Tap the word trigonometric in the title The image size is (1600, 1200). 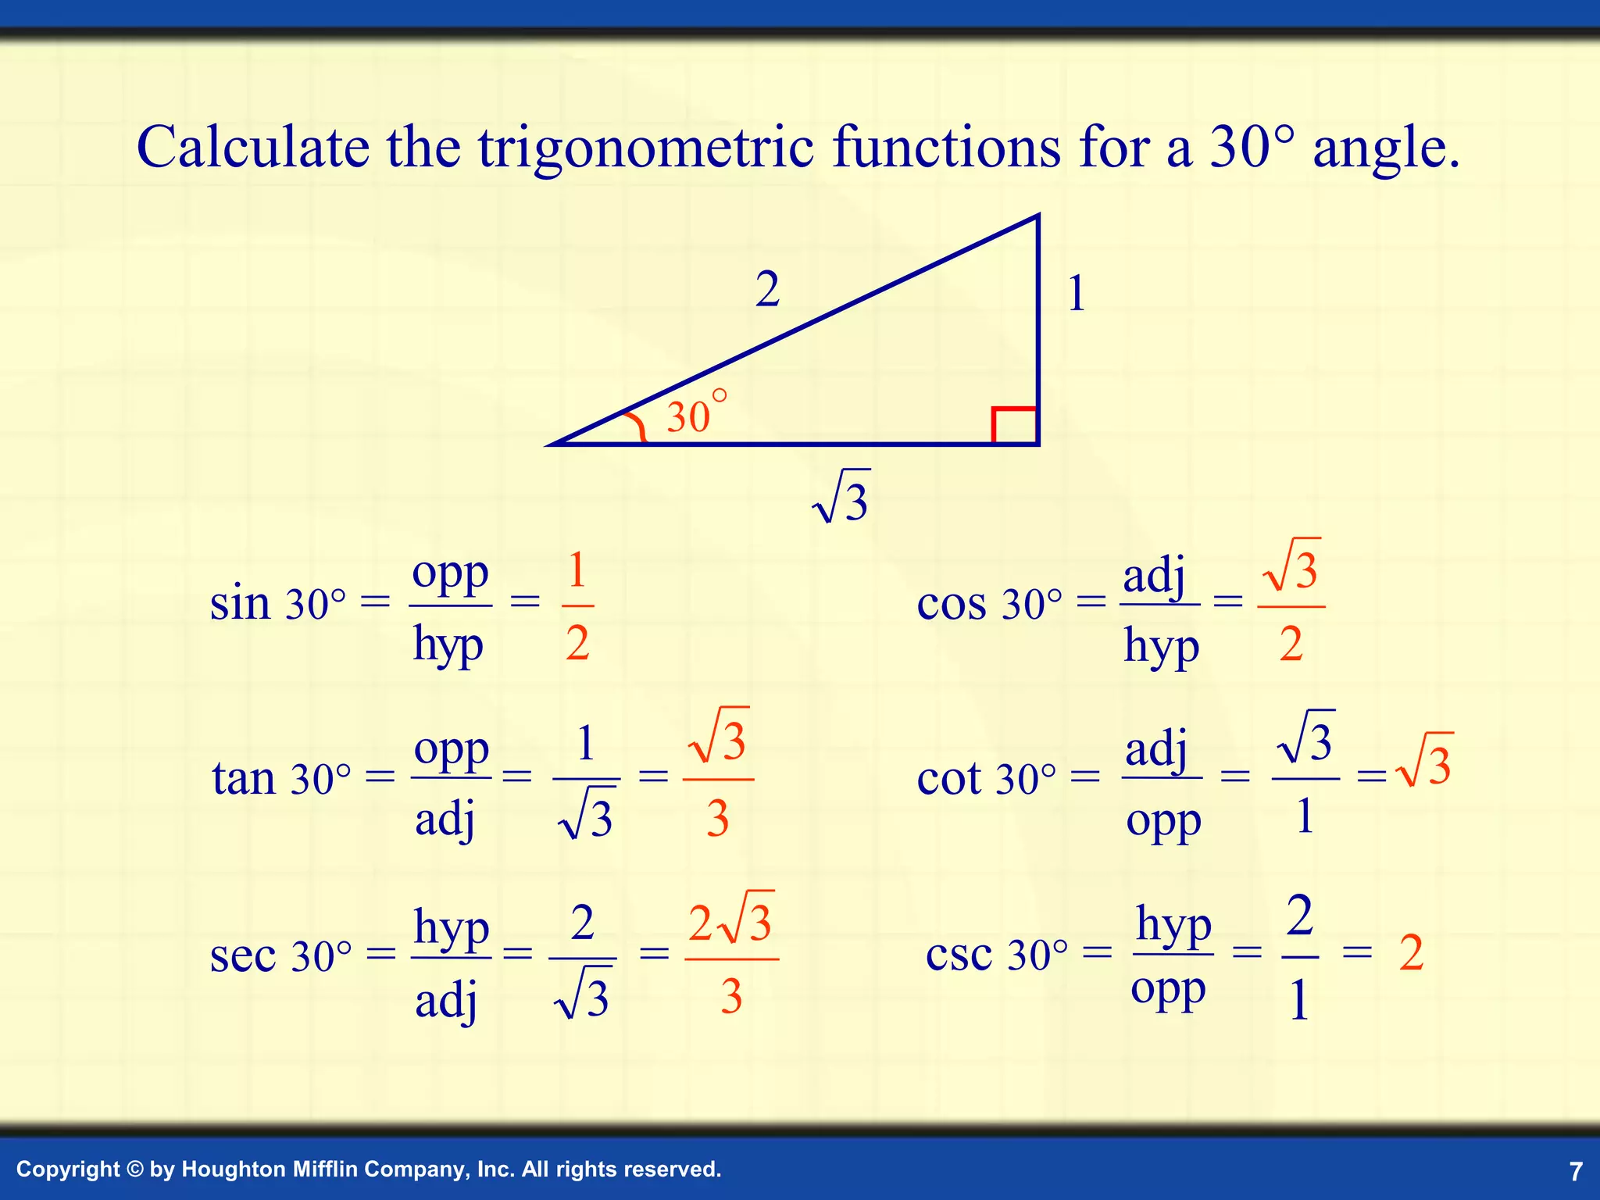coord(645,148)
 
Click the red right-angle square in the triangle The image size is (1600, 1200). coord(1014,426)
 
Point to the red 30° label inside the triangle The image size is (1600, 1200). coord(695,414)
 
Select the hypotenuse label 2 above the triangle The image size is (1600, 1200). coord(767,290)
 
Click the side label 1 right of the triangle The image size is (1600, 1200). coord(1077,294)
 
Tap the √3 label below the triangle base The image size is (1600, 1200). coord(842,498)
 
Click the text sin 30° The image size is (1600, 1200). coord(277,603)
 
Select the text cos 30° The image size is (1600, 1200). coord(989,603)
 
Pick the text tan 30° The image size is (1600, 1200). coord(281,778)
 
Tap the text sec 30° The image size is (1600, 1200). coord(280,955)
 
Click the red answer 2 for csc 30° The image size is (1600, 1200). coord(1411,953)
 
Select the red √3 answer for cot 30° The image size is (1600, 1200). coord(1426,762)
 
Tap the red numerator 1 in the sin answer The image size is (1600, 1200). coord(577,570)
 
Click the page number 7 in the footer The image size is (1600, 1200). coord(1576,1171)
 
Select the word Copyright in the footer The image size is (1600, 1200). coord(68,1170)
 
